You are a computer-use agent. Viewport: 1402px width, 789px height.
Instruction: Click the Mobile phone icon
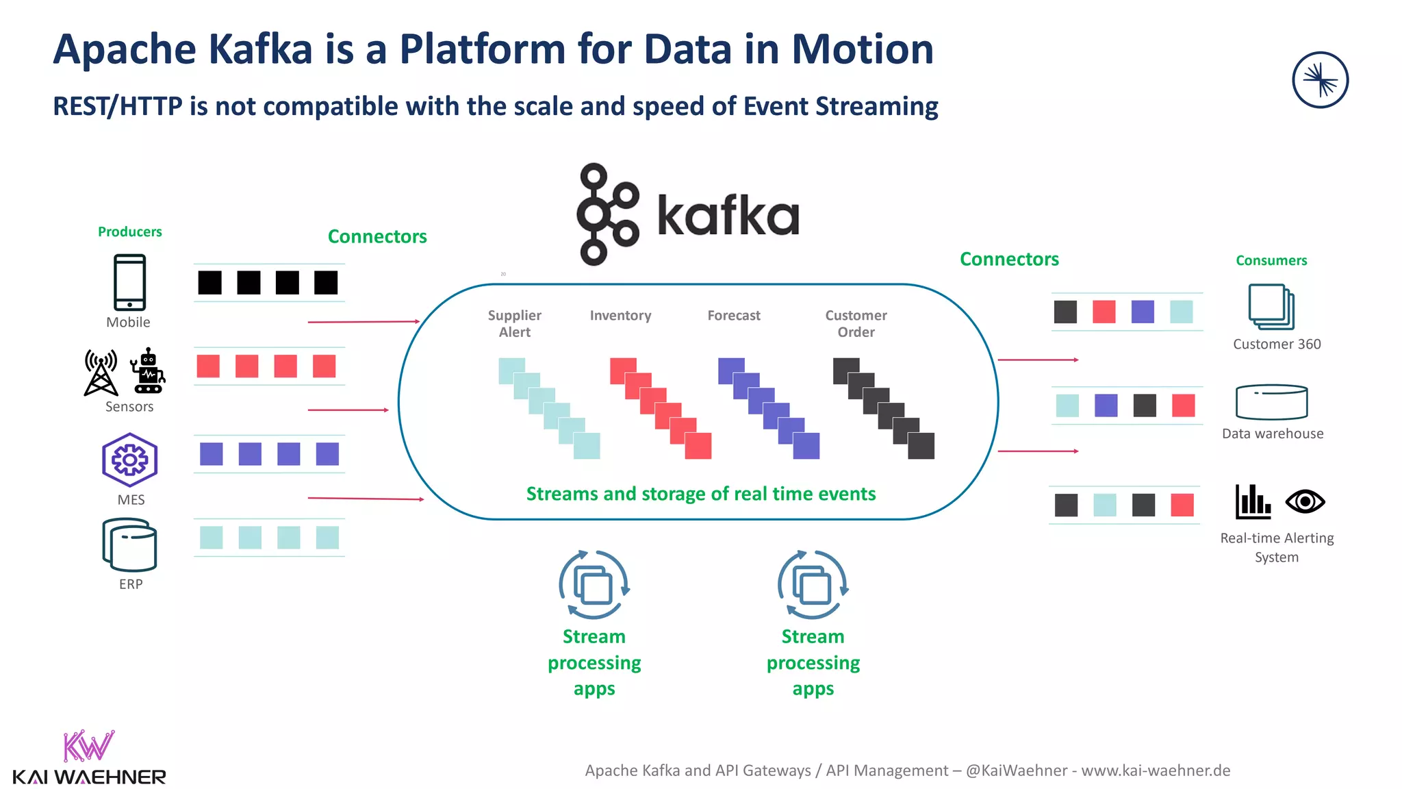(x=129, y=282)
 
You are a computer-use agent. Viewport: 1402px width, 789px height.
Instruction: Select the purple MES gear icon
(x=129, y=460)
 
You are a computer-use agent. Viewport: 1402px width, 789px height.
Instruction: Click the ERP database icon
(x=129, y=545)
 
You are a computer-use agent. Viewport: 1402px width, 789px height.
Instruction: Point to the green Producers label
(x=129, y=231)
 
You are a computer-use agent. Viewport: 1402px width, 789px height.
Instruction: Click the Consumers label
(x=1271, y=260)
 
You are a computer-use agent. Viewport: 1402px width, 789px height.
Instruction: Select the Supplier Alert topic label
(x=514, y=323)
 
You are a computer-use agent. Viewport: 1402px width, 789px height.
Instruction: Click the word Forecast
(x=733, y=315)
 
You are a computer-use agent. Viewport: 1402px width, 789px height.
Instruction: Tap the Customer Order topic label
(x=856, y=323)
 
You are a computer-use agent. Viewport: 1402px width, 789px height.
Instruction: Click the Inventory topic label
(x=620, y=315)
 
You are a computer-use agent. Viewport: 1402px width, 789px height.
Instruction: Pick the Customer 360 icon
(x=1271, y=307)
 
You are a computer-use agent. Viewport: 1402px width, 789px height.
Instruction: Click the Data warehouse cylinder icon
(x=1271, y=402)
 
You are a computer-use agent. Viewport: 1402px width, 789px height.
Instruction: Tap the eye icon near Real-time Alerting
(x=1305, y=502)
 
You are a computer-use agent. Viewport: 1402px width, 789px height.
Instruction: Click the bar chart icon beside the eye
(x=1252, y=502)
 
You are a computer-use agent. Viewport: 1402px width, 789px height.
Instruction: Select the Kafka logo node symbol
(x=607, y=214)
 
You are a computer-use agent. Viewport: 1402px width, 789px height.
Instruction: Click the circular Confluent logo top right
(x=1320, y=80)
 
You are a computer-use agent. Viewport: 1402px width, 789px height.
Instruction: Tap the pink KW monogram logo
(x=88, y=746)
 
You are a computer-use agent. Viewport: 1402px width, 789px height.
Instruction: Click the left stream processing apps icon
(x=594, y=585)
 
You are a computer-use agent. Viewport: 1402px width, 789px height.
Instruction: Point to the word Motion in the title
(x=863, y=49)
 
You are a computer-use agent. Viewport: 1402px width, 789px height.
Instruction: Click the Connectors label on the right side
(x=1009, y=259)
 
